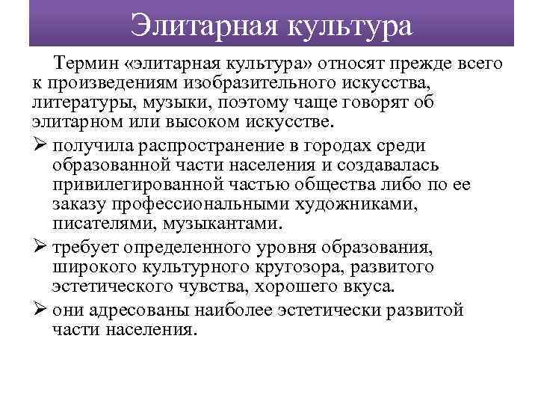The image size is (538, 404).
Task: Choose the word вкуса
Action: point(362,287)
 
